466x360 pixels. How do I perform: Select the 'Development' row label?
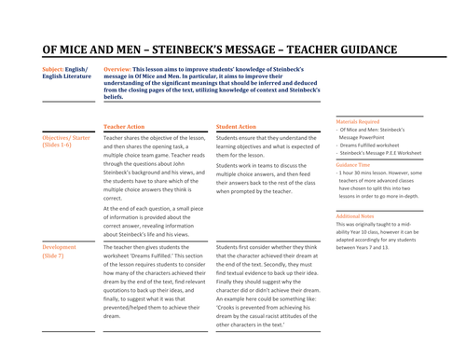pyautogui.click(x=61, y=248)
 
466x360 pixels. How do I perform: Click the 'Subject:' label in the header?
pyautogui.click(x=54, y=69)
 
